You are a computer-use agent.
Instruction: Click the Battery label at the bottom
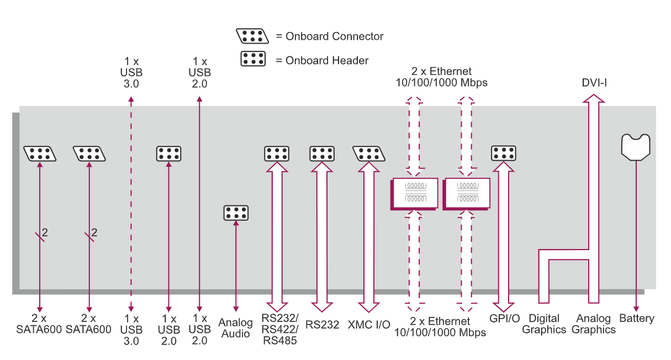637,319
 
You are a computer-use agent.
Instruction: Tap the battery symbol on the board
636,147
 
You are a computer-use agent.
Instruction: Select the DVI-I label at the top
594,83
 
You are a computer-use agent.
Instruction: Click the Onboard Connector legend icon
252,36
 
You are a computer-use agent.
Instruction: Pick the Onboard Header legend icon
253,59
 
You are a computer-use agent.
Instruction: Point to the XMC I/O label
369,325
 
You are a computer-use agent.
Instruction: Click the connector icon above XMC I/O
369,153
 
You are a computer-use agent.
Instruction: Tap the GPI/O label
504,319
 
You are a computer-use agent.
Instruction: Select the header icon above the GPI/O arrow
504,153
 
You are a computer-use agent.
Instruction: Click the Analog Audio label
236,327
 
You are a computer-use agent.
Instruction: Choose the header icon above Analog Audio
236,213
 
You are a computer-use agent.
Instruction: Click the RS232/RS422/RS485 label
280,330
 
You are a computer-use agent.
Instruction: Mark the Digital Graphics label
544,324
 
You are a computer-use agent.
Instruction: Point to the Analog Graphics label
594,324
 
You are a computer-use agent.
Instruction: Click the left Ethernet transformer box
414,193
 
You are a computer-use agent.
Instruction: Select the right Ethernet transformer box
466,193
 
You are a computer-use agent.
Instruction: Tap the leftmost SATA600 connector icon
40,153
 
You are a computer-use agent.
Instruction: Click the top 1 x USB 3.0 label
131,72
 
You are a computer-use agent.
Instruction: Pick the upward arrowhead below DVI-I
594,99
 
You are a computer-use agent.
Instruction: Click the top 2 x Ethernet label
441,77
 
